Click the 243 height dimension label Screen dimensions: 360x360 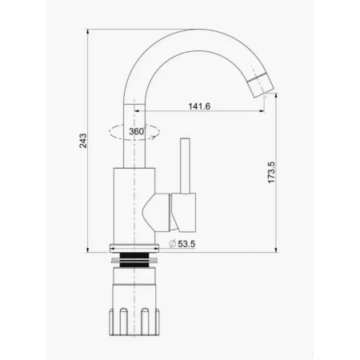point(83,141)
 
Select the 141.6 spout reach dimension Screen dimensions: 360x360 point(199,106)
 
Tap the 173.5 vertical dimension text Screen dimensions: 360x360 point(271,172)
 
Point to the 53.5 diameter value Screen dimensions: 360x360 point(186,244)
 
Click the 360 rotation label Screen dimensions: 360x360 point(137,131)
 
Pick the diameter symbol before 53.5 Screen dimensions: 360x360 point(173,244)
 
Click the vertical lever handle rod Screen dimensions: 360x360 point(185,166)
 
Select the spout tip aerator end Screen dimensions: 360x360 point(261,85)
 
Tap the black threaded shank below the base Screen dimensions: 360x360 point(134,260)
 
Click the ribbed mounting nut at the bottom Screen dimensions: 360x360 point(134,322)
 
